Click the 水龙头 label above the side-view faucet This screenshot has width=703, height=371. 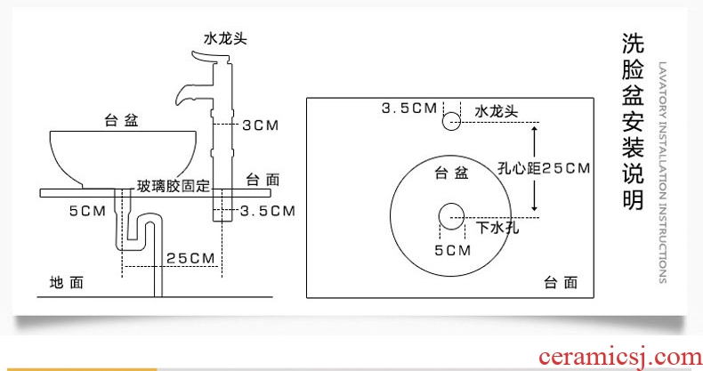[x=225, y=38]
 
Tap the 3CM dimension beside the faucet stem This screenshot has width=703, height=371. [x=261, y=125]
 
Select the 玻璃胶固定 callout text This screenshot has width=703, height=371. [x=173, y=186]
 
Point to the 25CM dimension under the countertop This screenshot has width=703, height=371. [x=190, y=259]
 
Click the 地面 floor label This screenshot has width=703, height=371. [x=67, y=283]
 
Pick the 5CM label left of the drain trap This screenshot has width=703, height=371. [x=87, y=211]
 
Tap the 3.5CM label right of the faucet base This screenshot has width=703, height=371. [x=268, y=211]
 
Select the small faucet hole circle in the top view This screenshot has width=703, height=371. [x=451, y=121]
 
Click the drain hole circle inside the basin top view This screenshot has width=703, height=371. [x=451, y=216]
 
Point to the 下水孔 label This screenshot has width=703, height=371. [x=497, y=228]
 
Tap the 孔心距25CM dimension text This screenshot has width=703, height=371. [x=544, y=168]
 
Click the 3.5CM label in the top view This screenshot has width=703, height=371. [x=408, y=108]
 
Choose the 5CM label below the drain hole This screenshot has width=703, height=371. [x=453, y=250]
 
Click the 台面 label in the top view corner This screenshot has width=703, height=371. [x=561, y=282]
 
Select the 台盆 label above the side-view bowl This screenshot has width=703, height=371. [x=121, y=120]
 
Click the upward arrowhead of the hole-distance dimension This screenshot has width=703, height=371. [x=534, y=129]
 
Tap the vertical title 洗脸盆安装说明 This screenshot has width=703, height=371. [x=633, y=121]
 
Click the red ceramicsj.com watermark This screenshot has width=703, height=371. [x=620, y=358]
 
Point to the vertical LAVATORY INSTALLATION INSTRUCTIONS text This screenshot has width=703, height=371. [x=663, y=173]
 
